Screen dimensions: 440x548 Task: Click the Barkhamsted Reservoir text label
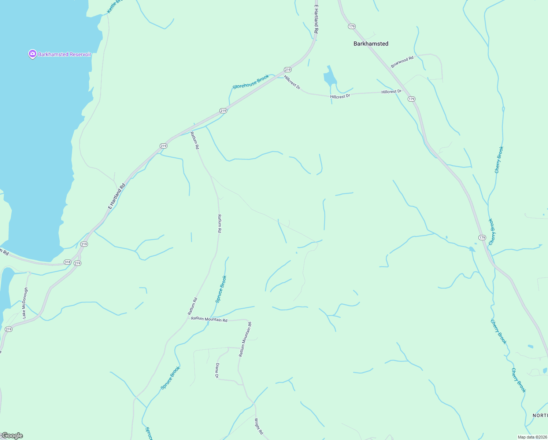64,54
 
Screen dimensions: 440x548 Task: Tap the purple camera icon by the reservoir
32,54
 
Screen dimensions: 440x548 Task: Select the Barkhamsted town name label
371,44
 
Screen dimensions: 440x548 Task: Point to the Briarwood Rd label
402,62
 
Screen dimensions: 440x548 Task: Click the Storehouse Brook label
251,82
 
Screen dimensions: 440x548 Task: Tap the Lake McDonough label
25,303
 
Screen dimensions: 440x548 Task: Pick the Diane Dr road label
217,371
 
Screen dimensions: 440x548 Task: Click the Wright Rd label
259,426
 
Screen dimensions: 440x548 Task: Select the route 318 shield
67,262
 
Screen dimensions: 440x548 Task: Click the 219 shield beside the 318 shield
77,263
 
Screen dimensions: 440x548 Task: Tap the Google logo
12,436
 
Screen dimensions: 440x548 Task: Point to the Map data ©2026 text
532,437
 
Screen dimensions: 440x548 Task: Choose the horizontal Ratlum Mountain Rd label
209,319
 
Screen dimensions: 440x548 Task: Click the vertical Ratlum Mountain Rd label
245,339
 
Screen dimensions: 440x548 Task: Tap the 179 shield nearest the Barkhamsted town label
352,26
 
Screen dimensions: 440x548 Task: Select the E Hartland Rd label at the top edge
316,19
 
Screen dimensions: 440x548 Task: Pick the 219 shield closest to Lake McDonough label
8,329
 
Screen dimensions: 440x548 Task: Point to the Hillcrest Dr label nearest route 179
391,92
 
